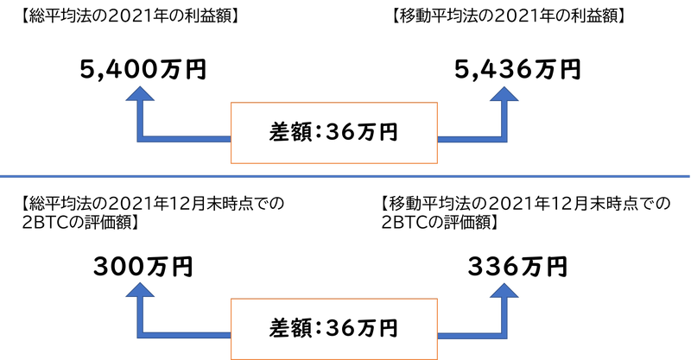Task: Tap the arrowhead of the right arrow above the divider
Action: point(505,94)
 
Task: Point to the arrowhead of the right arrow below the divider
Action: point(505,290)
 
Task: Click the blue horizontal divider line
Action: point(345,176)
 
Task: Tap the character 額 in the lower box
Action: point(302,329)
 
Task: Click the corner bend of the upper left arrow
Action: point(140,138)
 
